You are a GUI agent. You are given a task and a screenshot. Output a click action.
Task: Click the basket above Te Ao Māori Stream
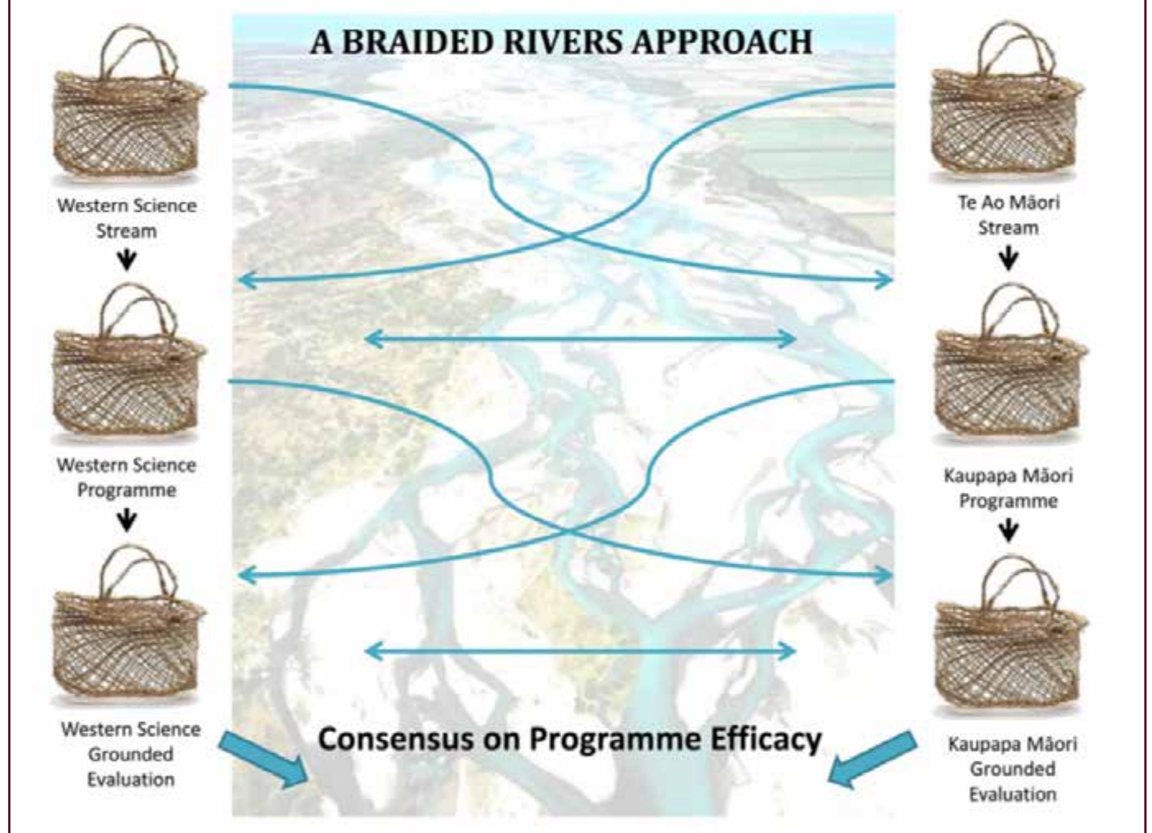[x=1007, y=104]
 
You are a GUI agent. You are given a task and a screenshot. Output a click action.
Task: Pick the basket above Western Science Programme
[x=128, y=364]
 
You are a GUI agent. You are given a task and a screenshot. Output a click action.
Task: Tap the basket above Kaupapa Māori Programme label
[x=1010, y=364]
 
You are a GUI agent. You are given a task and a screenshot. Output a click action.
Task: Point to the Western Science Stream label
[x=127, y=218]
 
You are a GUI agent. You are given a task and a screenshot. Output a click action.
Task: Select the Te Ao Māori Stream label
[x=1008, y=215]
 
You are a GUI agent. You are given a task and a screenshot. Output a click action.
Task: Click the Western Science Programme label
[x=127, y=477]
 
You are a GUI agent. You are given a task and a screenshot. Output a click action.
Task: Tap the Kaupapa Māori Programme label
[x=1008, y=488]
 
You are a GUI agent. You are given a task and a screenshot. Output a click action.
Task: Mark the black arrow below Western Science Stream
[x=127, y=260]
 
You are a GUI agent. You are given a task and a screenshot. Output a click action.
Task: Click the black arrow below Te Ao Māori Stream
[x=1008, y=258]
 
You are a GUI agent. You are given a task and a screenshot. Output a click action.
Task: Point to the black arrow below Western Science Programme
[x=127, y=520]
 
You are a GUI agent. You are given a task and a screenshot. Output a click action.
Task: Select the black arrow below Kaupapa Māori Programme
[x=1008, y=530]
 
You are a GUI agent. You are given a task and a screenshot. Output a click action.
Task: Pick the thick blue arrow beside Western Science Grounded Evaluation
[x=263, y=759]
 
